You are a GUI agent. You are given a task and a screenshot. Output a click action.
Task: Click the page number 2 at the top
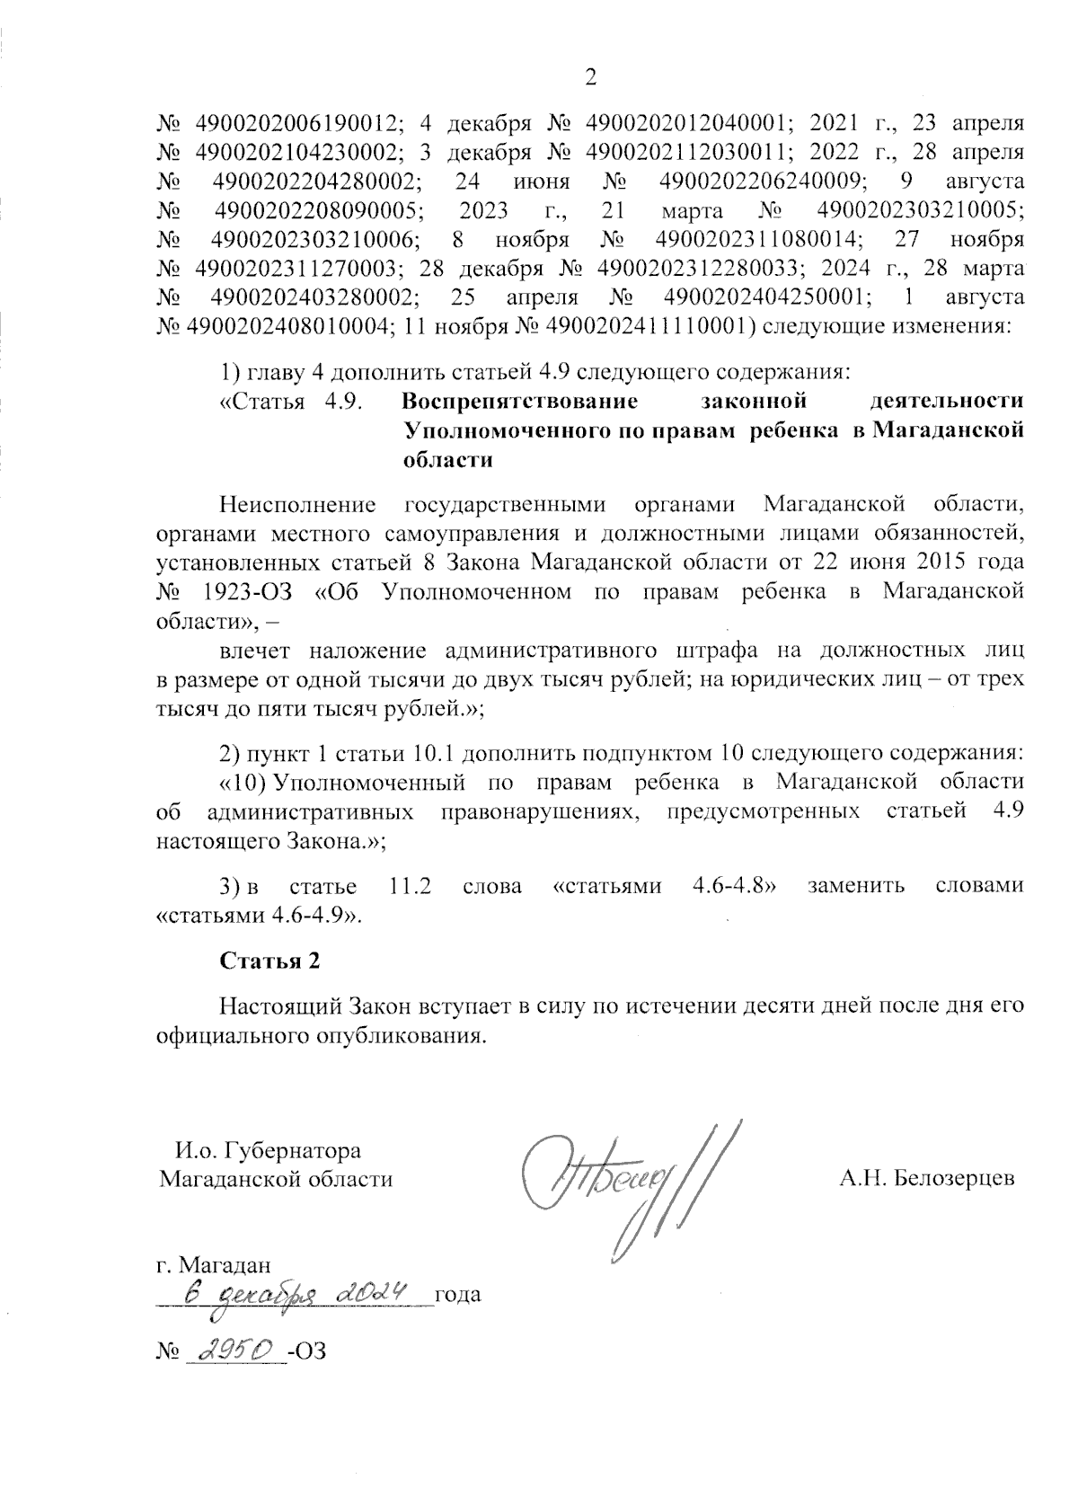coord(590,78)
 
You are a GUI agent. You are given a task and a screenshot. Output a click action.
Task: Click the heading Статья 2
coord(269,961)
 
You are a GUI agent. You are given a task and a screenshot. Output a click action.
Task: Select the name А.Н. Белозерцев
coord(926,1177)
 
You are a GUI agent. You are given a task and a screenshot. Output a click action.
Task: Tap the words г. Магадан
coord(213,1265)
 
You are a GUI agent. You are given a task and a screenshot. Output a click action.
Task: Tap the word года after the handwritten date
coord(457,1295)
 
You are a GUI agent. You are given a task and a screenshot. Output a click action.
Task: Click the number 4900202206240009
coord(764,181)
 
